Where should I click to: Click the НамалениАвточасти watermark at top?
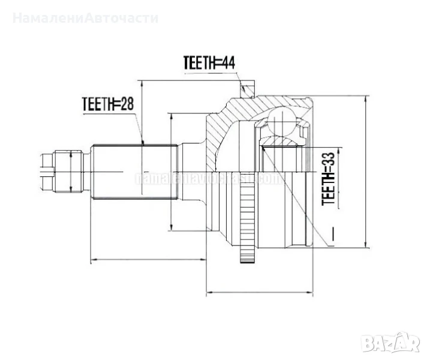85,17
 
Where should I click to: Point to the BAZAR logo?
392,343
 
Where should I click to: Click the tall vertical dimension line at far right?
365,171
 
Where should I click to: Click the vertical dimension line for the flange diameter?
172,171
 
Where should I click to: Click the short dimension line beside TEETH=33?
338,177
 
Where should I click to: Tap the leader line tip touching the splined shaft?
142,143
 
